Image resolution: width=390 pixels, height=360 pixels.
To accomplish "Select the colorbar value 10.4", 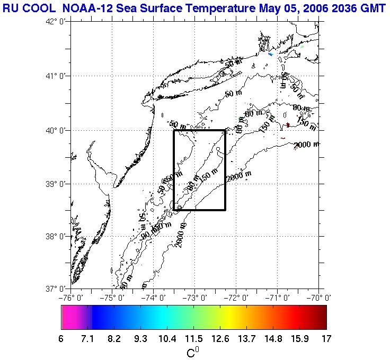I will (x=167, y=339).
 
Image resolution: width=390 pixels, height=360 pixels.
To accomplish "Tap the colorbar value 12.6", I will (x=220, y=339).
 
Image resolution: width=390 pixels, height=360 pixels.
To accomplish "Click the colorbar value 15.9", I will (x=299, y=339).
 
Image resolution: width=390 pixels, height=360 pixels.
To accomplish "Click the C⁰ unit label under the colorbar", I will (x=193, y=352).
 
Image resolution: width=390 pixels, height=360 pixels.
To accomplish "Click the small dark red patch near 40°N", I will (x=288, y=125).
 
